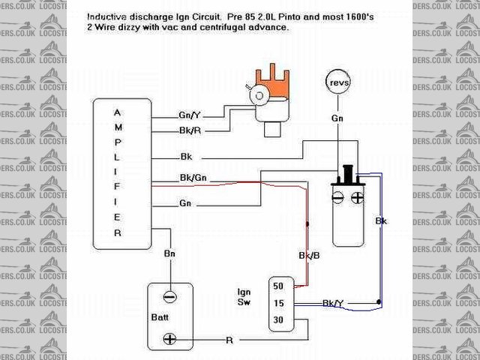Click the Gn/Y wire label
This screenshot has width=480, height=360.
click(x=190, y=115)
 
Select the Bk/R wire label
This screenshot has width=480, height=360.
click(x=189, y=130)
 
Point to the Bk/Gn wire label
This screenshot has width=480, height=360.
click(x=191, y=178)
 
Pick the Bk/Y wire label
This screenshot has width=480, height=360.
click(x=333, y=303)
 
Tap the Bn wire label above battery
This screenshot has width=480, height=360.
click(x=169, y=254)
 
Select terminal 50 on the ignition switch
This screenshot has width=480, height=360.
click(x=279, y=287)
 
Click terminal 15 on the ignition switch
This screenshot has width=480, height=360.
click(x=279, y=303)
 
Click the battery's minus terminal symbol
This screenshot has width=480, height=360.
click(x=170, y=296)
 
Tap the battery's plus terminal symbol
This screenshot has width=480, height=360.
click(x=170, y=339)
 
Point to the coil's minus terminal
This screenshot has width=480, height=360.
click(x=338, y=199)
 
